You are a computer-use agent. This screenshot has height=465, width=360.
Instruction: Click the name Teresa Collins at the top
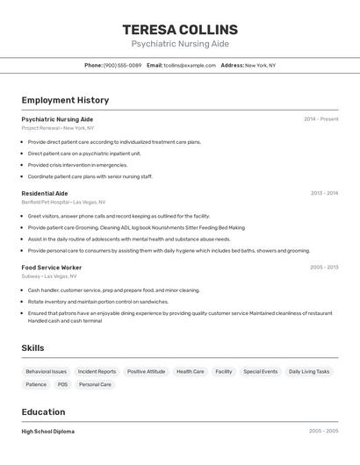(x=180, y=30)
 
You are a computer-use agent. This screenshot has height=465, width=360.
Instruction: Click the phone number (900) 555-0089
(x=122, y=65)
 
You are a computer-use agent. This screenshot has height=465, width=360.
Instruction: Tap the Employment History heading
(x=65, y=100)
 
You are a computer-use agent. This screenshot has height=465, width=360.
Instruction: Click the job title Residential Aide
(x=45, y=193)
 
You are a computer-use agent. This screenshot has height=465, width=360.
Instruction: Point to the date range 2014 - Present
(x=320, y=118)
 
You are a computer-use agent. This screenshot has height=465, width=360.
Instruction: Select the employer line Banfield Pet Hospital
(x=63, y=202)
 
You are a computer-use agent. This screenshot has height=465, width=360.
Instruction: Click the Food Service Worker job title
(x=52, y=268)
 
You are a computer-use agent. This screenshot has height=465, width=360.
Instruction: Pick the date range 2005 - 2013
(x=323, y=268)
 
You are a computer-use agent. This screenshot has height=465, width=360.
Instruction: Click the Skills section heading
(x=33, y=348)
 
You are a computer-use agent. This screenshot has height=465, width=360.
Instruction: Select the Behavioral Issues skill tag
(x=47, y=371)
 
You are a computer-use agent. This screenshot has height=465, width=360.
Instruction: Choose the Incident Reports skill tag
(x=97, y=371)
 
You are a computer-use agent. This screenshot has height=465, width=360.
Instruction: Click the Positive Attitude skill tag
(x=146, y=371)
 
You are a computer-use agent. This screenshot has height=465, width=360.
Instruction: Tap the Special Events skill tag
(x=260, y=371)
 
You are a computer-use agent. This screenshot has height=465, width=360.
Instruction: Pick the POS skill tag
(x=62, y=384)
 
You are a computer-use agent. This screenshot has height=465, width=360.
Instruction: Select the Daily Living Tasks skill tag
(x=309, y=371)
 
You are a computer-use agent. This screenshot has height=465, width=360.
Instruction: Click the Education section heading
(x=44, y=411)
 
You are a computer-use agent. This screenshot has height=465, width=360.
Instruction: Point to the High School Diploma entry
(x=48, y=432)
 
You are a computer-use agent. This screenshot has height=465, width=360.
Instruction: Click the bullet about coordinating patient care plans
(x=90, y=176)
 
